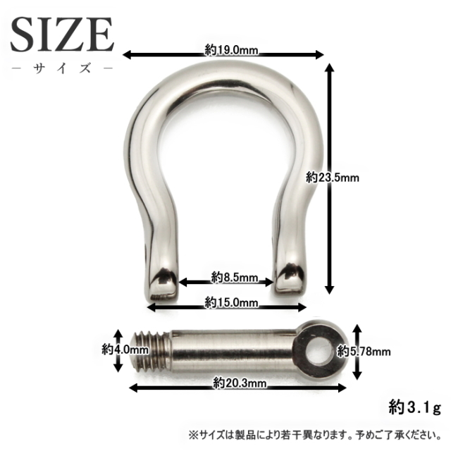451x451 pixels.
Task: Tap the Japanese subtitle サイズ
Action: pyautogui.click(x=62, y=70)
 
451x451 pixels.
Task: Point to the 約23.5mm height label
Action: pyautogui.click(x=333, y=178)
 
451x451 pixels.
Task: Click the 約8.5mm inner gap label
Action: pyautogui.click(x=226, y=278)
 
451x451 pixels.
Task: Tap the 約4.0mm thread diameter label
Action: pyautogui.click(x=125, y=348)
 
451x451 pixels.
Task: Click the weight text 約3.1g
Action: pyautogui.click(x=414, y=407)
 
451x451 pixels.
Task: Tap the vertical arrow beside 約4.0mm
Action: pyautogui.click(x=118, y=349)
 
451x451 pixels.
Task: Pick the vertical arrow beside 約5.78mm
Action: pyautogui.click(x=357, y=350)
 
